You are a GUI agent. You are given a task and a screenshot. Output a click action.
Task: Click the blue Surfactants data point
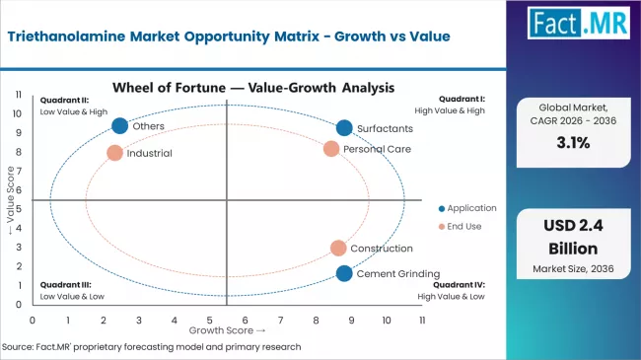(343, 128)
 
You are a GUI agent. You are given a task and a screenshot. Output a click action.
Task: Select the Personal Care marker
(331, 149)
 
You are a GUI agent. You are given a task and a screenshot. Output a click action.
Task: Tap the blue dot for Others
(119, 125)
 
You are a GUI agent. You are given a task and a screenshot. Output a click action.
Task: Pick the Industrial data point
(114, 153)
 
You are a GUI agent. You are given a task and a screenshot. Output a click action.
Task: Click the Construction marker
(338, 249)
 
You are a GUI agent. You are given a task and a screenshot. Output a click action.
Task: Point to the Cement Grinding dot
(343, 273)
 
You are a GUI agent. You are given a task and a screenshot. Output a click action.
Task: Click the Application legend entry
(470, 208)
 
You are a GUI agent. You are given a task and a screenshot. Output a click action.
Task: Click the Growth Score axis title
(228, 330)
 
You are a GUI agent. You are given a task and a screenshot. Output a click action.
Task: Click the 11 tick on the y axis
(19, 94)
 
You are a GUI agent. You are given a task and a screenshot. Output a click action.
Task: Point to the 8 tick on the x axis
(316, 321)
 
